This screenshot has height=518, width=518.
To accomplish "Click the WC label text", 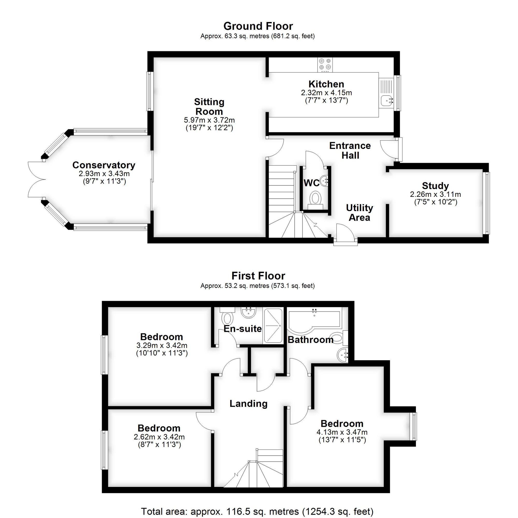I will [x=311, y=183].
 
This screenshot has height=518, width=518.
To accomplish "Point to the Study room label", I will [x=435, y=186].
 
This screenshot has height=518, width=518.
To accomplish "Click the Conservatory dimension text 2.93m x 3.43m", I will [x=104, y=174].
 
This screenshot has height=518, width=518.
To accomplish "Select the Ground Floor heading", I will [x=258, y=26].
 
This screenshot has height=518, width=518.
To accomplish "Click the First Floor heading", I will [x=258, y=276].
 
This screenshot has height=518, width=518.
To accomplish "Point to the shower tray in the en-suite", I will [x=273, y=326].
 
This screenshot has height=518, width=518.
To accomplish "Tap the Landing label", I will [x=249, y=404].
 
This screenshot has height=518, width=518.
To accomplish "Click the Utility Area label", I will [x=359, y=213].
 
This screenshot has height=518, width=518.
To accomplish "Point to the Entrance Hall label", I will [x=350, y=150].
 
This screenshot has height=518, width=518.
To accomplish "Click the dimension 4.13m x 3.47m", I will [x=342, y=432].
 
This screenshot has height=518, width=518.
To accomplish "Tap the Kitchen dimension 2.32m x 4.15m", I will [x=326, y=93].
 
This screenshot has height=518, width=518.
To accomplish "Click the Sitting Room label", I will [x=209, y=107].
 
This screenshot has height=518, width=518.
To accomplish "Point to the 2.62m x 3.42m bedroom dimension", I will [x=159, y=437].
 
